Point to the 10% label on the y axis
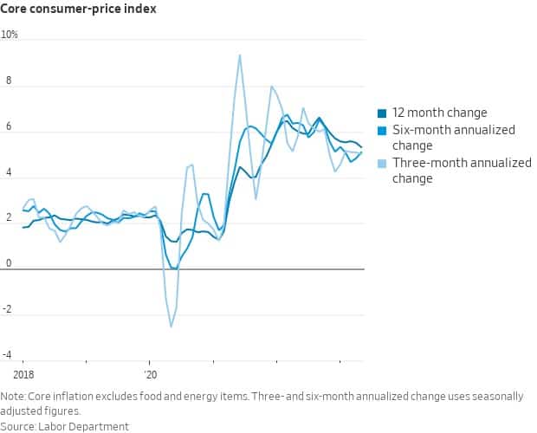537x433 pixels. pyautogui.click(x=10, y=35)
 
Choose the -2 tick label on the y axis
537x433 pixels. pyautogui.click(x=7, y=309)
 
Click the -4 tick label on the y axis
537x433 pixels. pyautogui.click(x=7, y=355)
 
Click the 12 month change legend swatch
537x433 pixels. pyautogui.click(x=382, y=113)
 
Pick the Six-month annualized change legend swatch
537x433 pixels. pyautogui.click(x=382, y=130)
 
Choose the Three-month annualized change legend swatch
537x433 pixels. pyautogui.click(x=382, y=163)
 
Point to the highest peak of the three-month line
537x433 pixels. pyautogui.click(x=239, y=55)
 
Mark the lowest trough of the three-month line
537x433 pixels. pyautogui.click(x=171, y=326)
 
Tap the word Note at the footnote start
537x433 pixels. pyautogui.click(x=13, y=396)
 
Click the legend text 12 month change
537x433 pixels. pyautogui.click(x=439, y=113)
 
